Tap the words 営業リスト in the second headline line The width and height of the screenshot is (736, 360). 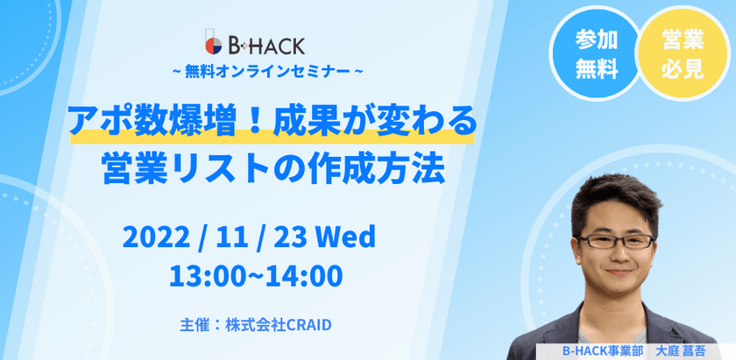pos(163,166)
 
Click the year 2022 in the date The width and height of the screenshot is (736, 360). pos(157,236)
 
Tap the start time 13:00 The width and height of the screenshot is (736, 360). pos(202,275)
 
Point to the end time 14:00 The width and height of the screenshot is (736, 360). pos(302,275)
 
